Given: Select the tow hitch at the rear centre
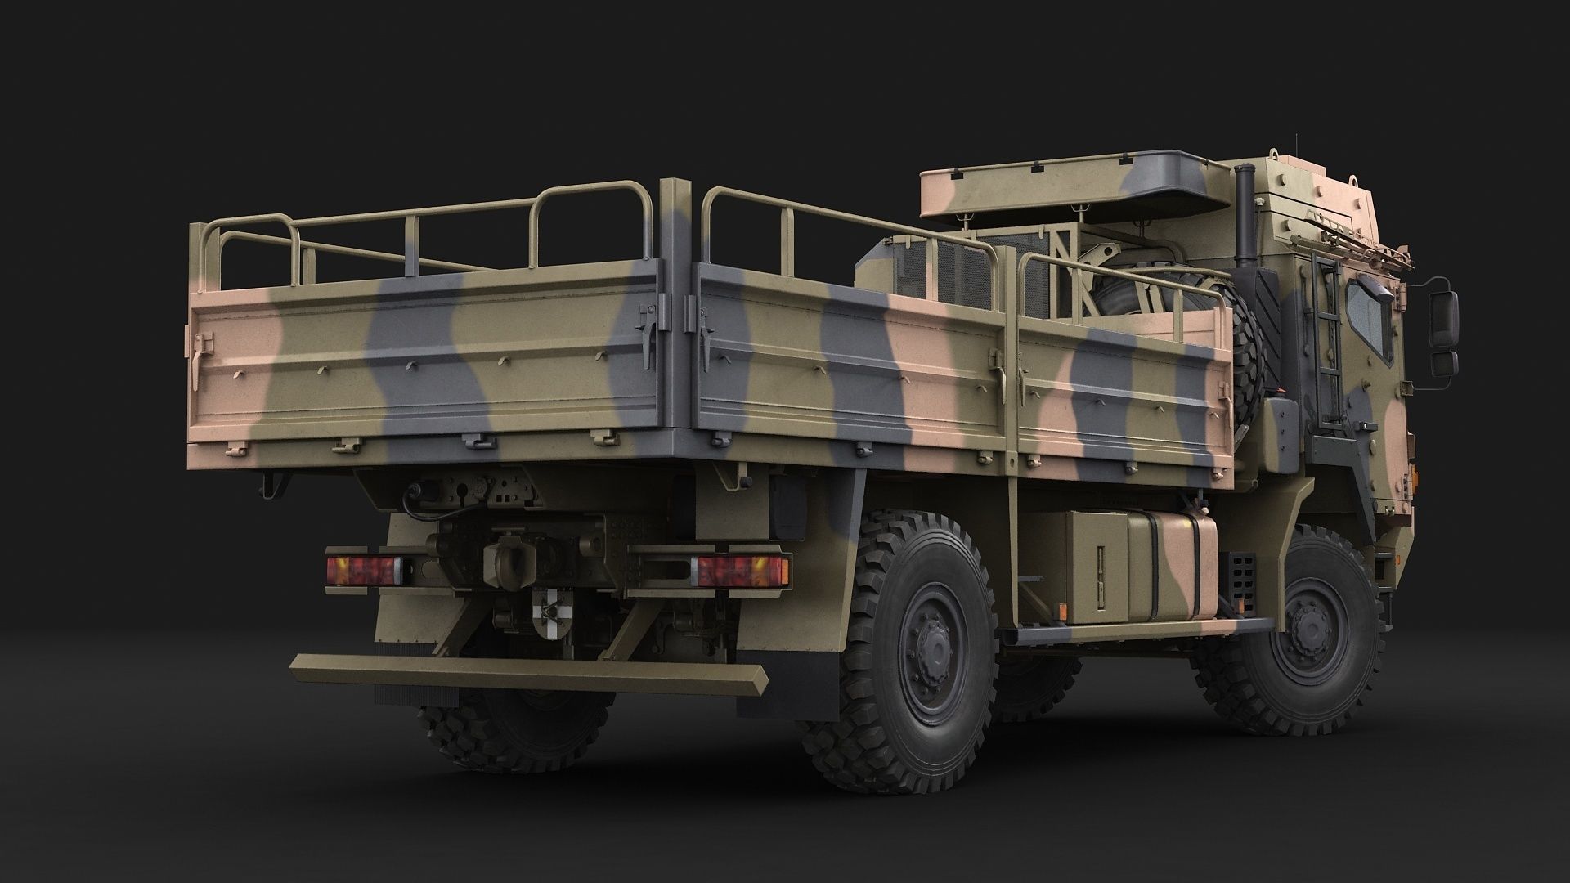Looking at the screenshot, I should pos(500,562).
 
